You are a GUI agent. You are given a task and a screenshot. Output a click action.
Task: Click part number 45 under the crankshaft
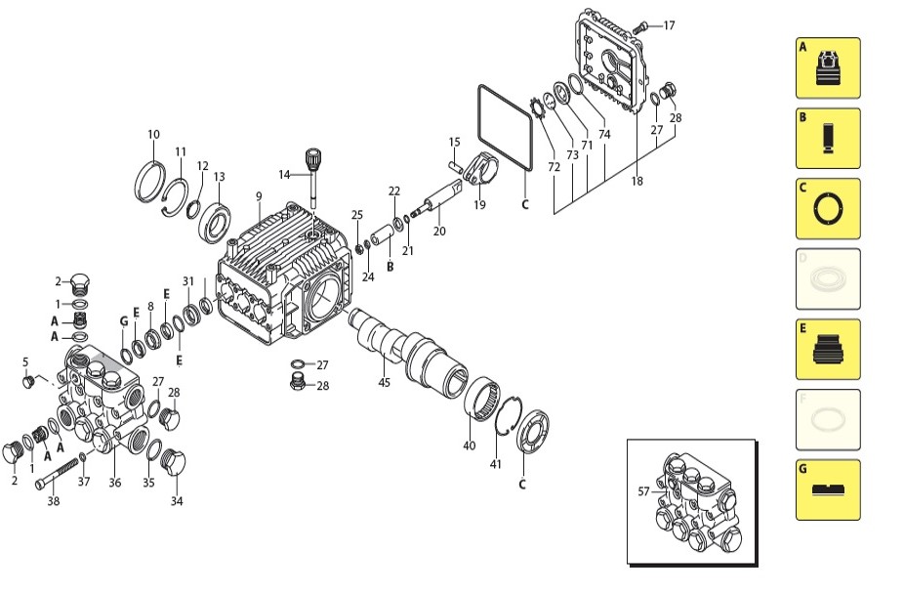(x=384, y=382)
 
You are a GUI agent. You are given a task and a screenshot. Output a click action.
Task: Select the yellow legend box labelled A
(x=828, y=67)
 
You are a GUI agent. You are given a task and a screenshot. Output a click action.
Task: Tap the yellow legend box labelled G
(x=828, y=489)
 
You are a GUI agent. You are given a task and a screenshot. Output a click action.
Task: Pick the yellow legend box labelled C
(x=828, y=208)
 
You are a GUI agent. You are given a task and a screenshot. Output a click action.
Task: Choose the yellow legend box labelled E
(x=828, y=349)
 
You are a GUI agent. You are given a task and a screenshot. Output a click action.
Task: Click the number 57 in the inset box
(x=643, y=491)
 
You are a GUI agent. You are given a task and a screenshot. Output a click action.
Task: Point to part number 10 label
(x=153, y=135)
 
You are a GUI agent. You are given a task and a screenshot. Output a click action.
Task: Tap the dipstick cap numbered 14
(x=313, y=158)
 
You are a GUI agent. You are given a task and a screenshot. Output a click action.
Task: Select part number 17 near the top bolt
(x=669, y=25)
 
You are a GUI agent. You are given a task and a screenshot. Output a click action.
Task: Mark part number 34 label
(x=177, y=502)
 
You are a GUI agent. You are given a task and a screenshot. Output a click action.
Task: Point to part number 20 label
(x=439, y=232)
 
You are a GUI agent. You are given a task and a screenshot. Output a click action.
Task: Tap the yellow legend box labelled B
(x=828, y=138)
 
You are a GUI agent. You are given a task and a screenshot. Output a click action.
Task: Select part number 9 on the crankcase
(x=259, y=196)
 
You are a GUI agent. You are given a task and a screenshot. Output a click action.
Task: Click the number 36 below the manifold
(x=114, y=482)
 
